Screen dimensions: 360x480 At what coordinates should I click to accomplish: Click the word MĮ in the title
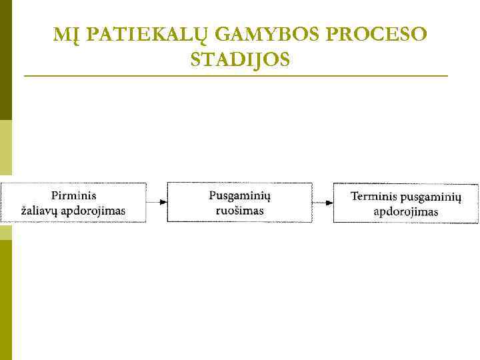(x=64, y=35)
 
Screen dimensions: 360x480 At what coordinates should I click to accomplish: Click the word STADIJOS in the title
(x=240, y=60)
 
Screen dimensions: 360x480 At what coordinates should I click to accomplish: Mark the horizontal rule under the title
(x=236, y=77)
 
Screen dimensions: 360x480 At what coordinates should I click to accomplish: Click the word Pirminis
(x=73, y=195)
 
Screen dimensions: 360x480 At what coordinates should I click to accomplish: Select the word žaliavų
(x=39, y=211)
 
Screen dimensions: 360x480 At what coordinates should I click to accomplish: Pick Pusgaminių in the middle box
(x=239, y=195)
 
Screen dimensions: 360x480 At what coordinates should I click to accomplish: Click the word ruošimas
(x=239, y=211)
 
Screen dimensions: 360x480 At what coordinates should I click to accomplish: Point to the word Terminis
(x=374, y=197)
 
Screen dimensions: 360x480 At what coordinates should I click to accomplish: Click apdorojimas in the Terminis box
(x=405, y=212)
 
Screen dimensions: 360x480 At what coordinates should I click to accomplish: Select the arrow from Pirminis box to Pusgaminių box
(x=156, y=201)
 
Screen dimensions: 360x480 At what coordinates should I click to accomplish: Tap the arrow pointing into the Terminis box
(x=323, y=202)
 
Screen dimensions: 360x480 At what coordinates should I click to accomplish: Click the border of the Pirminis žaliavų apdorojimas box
(x=73, y=182)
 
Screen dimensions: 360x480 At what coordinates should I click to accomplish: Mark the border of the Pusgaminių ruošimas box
(x=239, y=182)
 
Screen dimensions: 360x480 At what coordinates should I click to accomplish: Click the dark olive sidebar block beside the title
(x=5, y=60)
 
